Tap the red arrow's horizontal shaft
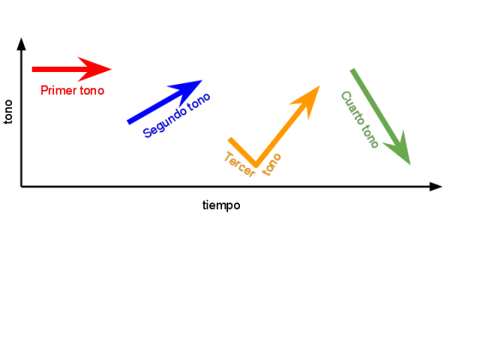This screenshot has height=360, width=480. [x=56, y=69]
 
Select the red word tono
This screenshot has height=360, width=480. [x=91, y=91]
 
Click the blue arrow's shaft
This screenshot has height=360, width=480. [x=150, y=109]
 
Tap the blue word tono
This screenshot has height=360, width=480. [x=199, y=103]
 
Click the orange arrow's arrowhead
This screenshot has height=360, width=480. [x=308, y=97]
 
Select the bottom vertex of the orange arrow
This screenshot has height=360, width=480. [x=256, y=163]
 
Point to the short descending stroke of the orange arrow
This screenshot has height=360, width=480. [x=242, y=151]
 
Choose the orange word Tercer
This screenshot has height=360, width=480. [x=239, y=165]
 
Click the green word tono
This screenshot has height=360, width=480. [x=369, y=136]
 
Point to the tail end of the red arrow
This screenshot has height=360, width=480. [x=33, y=69]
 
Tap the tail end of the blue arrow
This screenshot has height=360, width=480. [x=128, y=121]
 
